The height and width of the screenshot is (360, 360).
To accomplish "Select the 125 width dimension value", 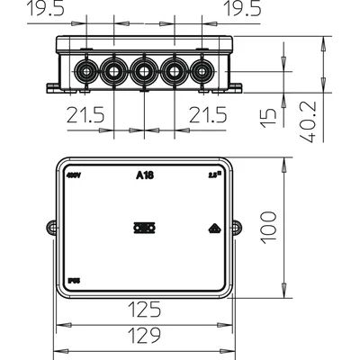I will coord(143,311).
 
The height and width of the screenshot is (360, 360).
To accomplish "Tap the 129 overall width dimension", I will coord(143,337).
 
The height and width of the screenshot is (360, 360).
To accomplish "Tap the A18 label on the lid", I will coord(143,175).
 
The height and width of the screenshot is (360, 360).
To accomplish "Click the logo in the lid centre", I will coord(143,229).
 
